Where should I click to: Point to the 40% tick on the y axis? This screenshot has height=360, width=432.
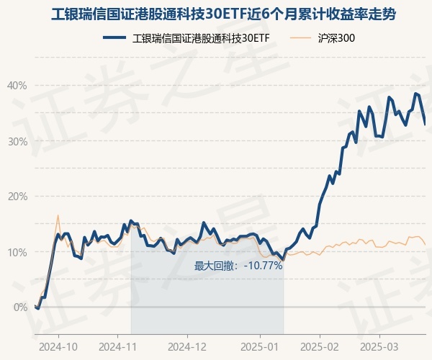pos(17,86)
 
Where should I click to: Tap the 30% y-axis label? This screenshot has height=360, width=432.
pos(17,141)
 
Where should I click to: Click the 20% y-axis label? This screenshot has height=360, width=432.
pos(17,197)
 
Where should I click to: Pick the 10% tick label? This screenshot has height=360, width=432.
pos(17,252)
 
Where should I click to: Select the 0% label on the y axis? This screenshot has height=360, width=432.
pos(21,307)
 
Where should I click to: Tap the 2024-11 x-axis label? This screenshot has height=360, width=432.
pos(120,346)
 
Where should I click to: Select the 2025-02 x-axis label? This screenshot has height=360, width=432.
pos(321,346)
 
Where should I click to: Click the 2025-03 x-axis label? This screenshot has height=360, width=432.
pos(382,346)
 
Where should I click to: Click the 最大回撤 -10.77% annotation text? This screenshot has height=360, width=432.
pos(238,266)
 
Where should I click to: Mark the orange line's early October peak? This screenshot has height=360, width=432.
pos(58,215)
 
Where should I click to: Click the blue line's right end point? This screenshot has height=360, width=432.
pos(425,125)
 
